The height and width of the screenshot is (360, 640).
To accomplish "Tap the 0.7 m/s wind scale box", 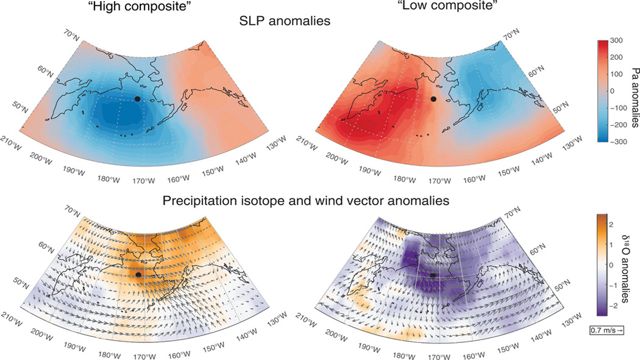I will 606,330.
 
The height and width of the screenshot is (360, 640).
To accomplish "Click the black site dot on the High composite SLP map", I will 138,99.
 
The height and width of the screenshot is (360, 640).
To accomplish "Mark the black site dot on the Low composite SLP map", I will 434,99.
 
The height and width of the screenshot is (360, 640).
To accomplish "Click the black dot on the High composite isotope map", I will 138,275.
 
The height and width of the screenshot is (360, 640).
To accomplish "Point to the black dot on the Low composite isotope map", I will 434,275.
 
